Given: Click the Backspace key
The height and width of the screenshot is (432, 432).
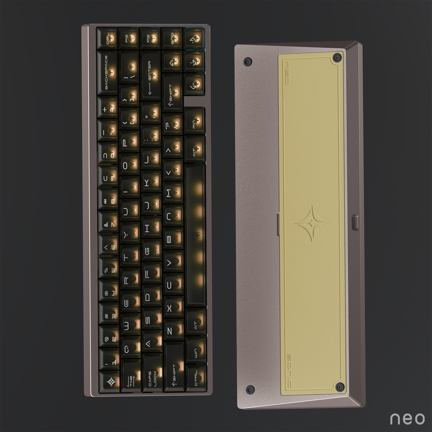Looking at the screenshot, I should pyautogui.click(x=107, y=73).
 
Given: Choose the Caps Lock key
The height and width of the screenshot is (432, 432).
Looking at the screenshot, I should pyautogui.click(x=153, y=378).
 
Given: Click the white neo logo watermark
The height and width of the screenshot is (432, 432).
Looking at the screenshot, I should pyautogui.click(x=407, y=418).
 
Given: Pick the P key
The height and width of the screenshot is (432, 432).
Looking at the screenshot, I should pyautogui.click(x=129, y=141).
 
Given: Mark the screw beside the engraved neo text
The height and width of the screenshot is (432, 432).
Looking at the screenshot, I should pyautogui.click(x=336, y=58).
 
